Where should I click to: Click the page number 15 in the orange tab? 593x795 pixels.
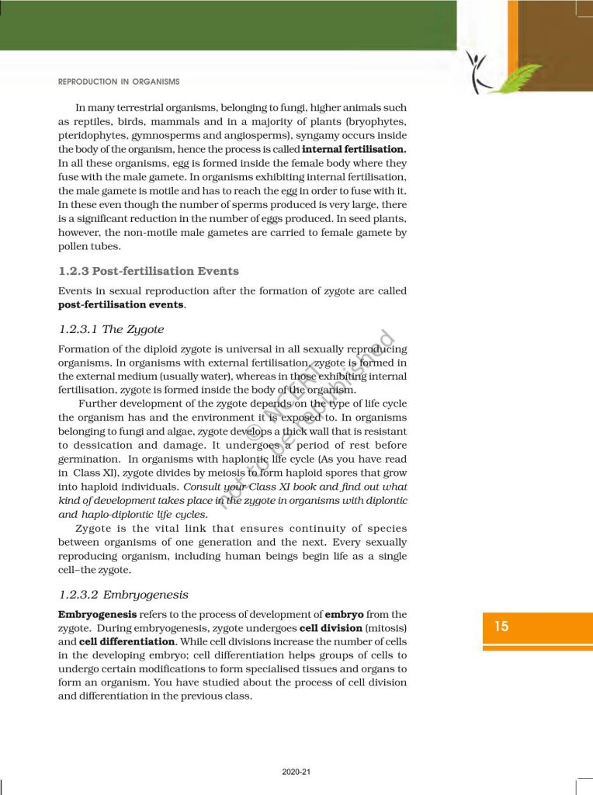(501, 626)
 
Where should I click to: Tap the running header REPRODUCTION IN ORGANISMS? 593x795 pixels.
(119, 82)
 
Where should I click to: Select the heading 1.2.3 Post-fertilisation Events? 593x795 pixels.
(148, 271)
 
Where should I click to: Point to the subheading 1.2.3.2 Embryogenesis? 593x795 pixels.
(123, 595)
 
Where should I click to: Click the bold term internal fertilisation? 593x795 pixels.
(354, 148)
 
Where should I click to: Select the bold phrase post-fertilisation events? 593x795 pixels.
(121, 304)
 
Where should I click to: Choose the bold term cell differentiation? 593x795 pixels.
(127, 642)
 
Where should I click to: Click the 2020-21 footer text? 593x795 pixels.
(296, 772)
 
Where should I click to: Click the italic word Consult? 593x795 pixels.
(203, 488)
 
